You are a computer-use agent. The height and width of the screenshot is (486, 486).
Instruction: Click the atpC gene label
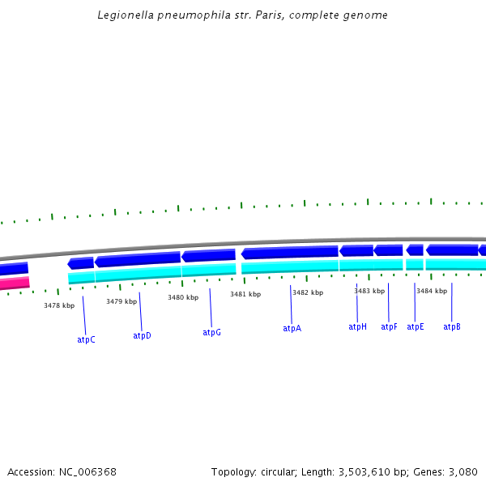pos(86,339)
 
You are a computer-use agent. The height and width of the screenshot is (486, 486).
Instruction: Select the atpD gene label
pos(142,335)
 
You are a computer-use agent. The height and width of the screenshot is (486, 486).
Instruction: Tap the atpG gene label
pos(211,332)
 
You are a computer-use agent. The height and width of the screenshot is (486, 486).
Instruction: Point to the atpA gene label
pos(292,328)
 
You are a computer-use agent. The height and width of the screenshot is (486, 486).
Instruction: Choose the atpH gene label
pos(357,326)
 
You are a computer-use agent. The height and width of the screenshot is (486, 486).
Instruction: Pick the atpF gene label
pos(389,326)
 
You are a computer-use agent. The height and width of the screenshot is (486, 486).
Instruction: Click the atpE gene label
pos(415,326)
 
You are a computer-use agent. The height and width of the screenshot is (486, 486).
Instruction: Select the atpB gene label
pos(452,326)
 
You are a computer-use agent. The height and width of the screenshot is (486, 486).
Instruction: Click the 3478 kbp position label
pos(59,305)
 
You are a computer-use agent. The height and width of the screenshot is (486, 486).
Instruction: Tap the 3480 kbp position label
pos(183,297)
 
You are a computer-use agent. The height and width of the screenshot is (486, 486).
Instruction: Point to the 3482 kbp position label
pos(308,292)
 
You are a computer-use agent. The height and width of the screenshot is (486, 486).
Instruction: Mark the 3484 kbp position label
pos(432,291)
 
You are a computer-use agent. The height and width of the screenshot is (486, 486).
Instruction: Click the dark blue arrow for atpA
pos(289,253)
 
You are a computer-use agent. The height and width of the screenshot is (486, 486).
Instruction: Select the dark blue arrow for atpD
pos(137,259)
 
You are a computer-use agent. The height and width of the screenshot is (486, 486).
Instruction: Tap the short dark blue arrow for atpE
pos(415,249)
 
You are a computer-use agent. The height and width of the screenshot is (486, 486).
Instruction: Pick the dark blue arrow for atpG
pos(208,256)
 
